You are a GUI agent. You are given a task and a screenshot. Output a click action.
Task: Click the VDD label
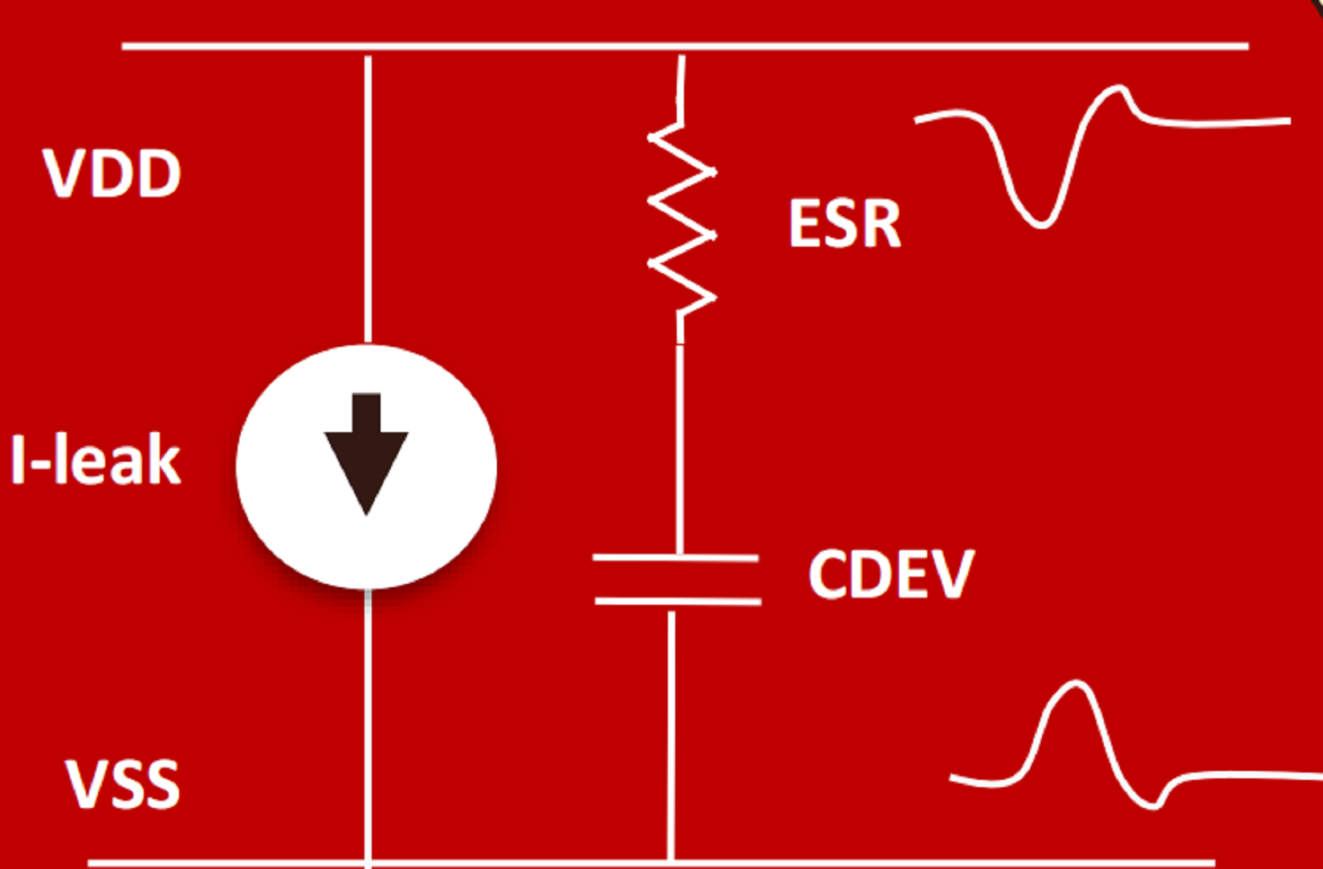point(112,173)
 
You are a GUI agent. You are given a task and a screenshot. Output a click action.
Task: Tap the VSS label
point(122,784)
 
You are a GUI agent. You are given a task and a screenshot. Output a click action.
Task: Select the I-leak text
point(96,459)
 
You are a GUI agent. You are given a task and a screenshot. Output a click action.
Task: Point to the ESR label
point(845,223)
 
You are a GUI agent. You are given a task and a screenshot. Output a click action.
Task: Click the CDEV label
point(891,573)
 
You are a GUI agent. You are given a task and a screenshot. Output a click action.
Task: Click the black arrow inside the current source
point(366,454)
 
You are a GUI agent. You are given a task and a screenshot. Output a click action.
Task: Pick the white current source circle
point(366,467)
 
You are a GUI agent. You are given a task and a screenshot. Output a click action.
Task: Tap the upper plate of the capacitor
point(676,557)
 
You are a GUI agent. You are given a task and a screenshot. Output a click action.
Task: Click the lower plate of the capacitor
point(678,602)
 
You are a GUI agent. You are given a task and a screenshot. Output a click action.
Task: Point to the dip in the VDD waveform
point(1040,223)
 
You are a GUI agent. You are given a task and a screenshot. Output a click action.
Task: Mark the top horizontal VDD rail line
point(685,46)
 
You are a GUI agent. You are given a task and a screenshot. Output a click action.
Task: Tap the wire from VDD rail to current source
point(368,199)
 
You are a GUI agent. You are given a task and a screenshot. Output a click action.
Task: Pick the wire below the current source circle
point(368,728)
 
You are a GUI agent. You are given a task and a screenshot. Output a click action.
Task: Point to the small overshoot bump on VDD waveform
point(1120,90)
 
